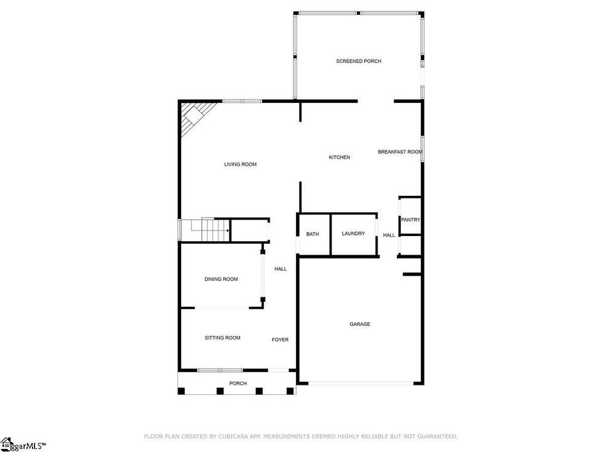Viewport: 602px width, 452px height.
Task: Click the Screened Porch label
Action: point(359,61)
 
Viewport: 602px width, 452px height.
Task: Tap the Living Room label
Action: point(240,164)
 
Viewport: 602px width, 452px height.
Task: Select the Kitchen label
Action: point(339,157)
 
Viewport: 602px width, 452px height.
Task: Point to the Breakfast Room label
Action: point(400,152)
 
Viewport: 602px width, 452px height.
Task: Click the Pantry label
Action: point(410,220)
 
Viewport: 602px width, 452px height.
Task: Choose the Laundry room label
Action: point(353,234)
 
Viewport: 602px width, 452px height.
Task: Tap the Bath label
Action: point(312,234)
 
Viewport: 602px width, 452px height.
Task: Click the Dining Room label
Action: point(221,279)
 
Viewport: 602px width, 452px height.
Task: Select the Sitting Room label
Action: point(222,338)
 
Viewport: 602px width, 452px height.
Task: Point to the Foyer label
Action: point(280,340)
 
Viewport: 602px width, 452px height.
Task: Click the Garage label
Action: point(360,325)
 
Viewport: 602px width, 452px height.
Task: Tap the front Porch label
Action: point(238,384)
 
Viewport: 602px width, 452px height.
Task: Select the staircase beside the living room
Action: point(205,230)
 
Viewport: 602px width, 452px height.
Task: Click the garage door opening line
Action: point(361,383)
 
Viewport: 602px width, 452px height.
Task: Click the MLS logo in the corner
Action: point(23,444)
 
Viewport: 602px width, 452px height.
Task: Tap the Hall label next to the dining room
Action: point(281,269)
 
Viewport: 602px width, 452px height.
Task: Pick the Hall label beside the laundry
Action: point(389,235)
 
